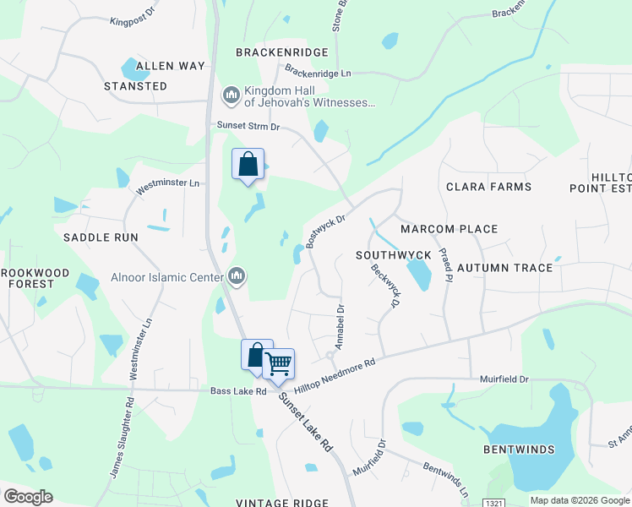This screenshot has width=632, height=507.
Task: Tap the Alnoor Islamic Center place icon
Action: click(237, 276)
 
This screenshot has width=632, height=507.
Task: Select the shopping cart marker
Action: click(279, 364)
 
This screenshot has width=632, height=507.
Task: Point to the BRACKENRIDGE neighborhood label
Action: click(281, 52)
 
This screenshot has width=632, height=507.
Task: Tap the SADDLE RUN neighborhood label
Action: click(101, 237)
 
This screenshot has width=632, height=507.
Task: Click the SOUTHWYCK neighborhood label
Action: click(394, 254)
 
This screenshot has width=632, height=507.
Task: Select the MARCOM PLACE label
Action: click(449, 229)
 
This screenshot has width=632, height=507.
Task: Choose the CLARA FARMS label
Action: click(488, 187)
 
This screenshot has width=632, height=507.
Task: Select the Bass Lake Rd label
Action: click(238, 391)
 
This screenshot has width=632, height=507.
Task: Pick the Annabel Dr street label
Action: click(340, 328)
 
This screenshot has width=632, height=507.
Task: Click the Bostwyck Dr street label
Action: click(326, 230)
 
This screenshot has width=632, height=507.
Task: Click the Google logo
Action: click(29, 496)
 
